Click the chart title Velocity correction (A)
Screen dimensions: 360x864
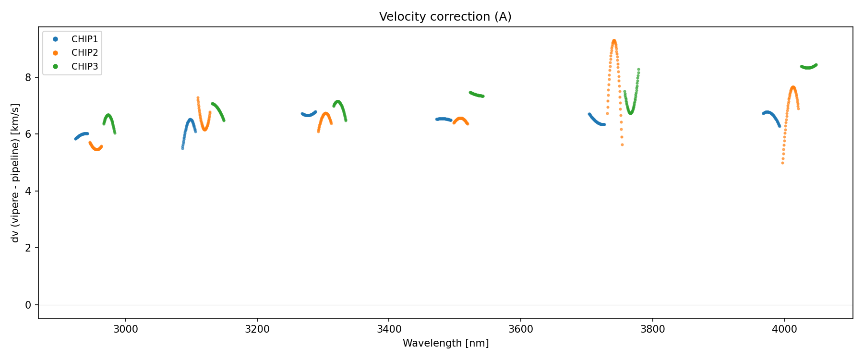click(x=445, y=17)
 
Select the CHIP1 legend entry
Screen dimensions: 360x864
click(x=84, y=39)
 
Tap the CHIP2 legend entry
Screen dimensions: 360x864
click(x=84, y=53)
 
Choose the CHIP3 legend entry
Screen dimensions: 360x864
click(x=84, y=67)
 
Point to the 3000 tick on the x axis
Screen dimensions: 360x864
click(x=125, y=329)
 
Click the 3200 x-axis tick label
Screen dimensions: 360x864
click(x=257, y=329)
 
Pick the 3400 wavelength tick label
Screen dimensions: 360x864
click(x=389, y=329)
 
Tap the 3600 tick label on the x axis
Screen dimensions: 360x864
click(x=521, y=329)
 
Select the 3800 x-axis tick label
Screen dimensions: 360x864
click(x=652, y=329)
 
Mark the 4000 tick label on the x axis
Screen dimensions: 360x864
click(x=784, y=329)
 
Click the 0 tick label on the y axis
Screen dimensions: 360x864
click(x=28, y=305)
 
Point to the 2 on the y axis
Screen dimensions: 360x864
click(x=28, y=248)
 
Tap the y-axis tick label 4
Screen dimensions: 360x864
click(x=28, y=191)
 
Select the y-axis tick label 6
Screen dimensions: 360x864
click(x=28, y=134)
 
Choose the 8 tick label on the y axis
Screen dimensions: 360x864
click(x=28, y=77)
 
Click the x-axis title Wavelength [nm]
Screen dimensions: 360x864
click(x=445, y=343)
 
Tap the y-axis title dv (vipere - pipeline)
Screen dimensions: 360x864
click(x=16, y=173)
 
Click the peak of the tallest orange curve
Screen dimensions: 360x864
click(x=614, y=41)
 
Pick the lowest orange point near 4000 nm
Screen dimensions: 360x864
click(x=782, y=163)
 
